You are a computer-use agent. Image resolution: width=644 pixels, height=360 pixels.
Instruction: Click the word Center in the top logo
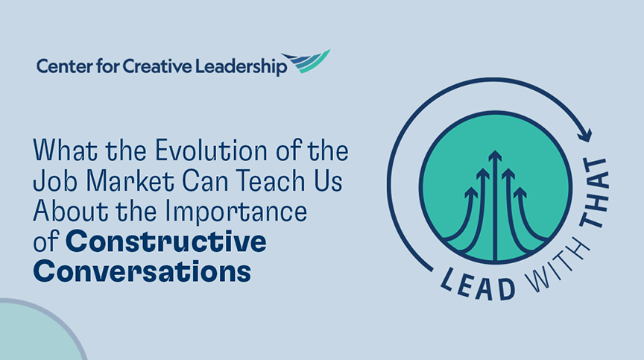pos(61,67)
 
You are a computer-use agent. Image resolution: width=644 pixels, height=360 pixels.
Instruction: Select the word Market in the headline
pos(120,183)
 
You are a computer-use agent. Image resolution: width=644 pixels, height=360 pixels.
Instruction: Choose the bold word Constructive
pos(166,241)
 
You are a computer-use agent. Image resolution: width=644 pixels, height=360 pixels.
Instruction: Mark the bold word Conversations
pos(142,271)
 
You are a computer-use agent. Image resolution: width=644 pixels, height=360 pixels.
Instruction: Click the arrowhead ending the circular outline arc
pos(587,136)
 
